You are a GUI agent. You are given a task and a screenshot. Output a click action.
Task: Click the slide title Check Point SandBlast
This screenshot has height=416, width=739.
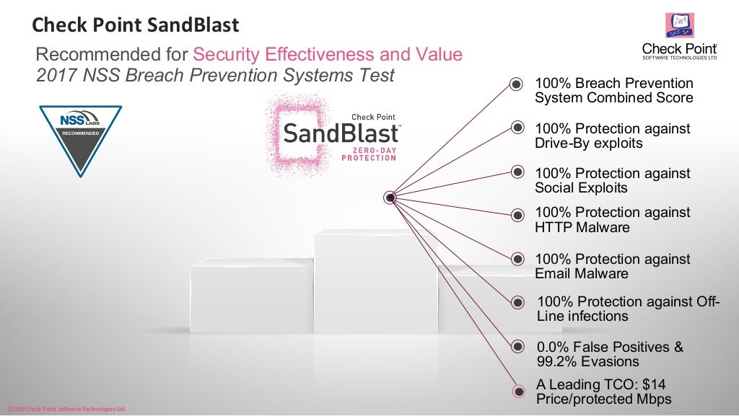point(136,26)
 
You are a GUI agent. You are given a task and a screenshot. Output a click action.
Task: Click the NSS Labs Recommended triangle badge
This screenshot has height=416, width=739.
point(79,138)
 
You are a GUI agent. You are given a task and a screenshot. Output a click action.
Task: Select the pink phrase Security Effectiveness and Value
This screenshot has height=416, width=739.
point(327,55)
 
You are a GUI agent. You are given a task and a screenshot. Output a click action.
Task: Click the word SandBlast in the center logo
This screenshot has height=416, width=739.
point(341,133)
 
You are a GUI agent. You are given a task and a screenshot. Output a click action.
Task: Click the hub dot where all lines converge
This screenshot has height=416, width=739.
point(390,197)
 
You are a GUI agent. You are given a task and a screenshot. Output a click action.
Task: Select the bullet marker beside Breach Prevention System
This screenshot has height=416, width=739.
point(517,84)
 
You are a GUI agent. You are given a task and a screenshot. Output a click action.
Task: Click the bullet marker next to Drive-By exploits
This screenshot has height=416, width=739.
point(517,128)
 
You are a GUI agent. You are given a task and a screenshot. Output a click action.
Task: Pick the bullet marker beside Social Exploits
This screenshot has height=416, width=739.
point(517,172)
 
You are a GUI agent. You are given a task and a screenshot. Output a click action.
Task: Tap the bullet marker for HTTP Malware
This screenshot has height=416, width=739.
point(517,214)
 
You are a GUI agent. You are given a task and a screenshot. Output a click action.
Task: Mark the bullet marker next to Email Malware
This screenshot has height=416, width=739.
point(517,259)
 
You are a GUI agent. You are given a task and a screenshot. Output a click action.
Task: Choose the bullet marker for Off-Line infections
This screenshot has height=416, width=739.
point(517,302)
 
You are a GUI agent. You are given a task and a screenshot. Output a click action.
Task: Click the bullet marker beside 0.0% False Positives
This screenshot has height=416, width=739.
point(517,347)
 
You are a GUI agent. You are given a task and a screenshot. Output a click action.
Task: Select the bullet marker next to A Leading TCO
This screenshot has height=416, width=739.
point(517,391)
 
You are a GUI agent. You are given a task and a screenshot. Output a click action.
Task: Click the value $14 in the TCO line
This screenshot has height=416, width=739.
point(661,384)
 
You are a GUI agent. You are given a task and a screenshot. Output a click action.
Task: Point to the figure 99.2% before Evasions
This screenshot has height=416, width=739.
point(559,361)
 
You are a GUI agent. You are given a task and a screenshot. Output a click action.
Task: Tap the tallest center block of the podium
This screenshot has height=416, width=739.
point(375,281)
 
